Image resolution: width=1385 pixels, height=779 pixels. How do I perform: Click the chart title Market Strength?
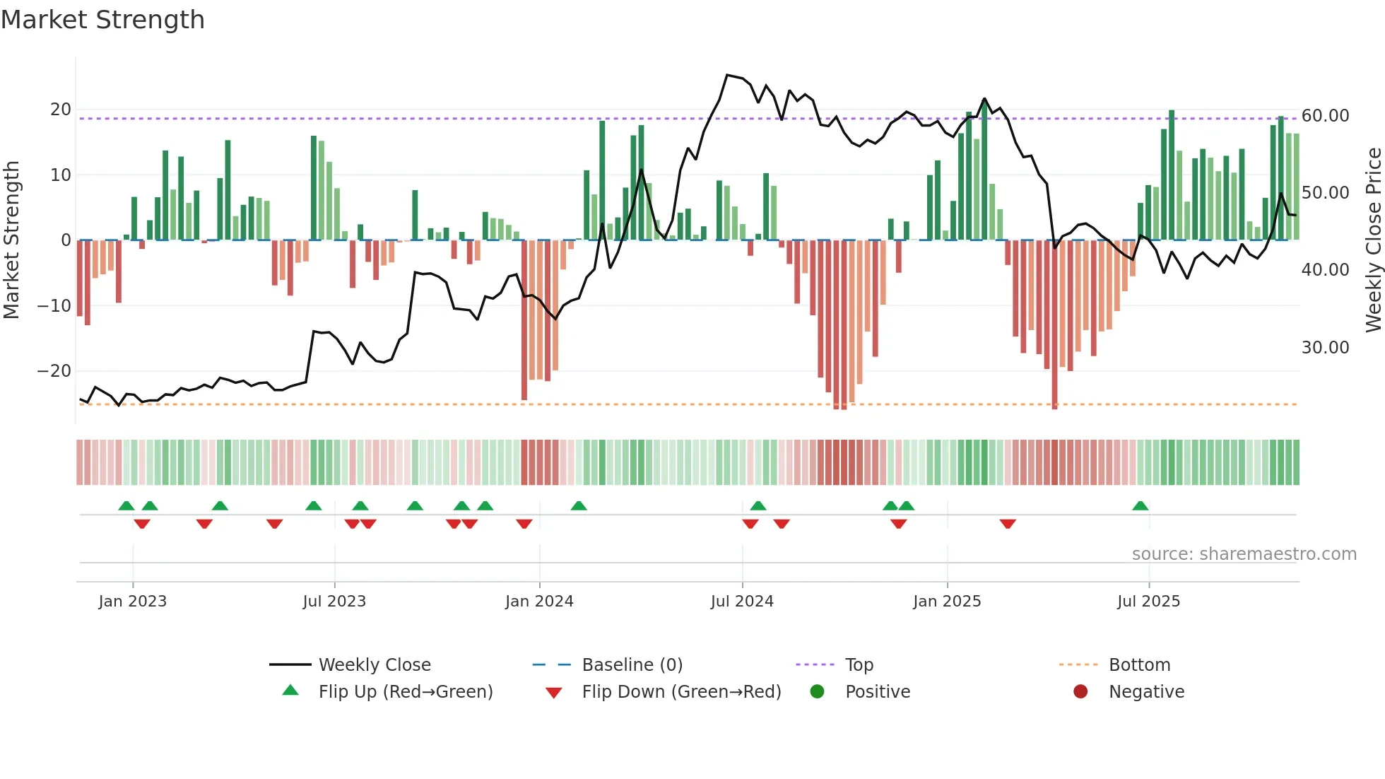[x=103, y=20]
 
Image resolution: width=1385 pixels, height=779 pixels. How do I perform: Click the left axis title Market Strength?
[x=11, y=240]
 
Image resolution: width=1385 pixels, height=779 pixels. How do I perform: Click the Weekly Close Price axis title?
[x=1373, y=240]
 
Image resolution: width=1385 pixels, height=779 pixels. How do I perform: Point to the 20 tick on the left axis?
[x=61, y=110]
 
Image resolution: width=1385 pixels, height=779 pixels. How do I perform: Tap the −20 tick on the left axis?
[x=54, y=371]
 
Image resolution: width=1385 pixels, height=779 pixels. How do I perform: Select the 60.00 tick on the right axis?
[x=1325, y=116]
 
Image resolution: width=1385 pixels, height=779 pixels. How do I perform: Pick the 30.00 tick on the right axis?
[x=1325, y=348]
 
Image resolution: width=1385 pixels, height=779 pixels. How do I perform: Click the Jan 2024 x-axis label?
[x=539, y=602]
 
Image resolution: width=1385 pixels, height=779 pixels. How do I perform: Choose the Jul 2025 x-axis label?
[x=1148, y=602]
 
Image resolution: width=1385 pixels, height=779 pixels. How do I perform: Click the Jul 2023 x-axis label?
[x=334, y=602]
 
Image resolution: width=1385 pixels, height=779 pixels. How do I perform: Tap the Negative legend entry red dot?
[x=1080, y=692]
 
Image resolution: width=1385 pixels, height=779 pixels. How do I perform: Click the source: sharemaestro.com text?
[x=1244, y=554]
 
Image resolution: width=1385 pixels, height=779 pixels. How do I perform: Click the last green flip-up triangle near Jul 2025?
[x=1140, y=506]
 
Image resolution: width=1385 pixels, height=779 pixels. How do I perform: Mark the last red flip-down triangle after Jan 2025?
[x=1008, y=524]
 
